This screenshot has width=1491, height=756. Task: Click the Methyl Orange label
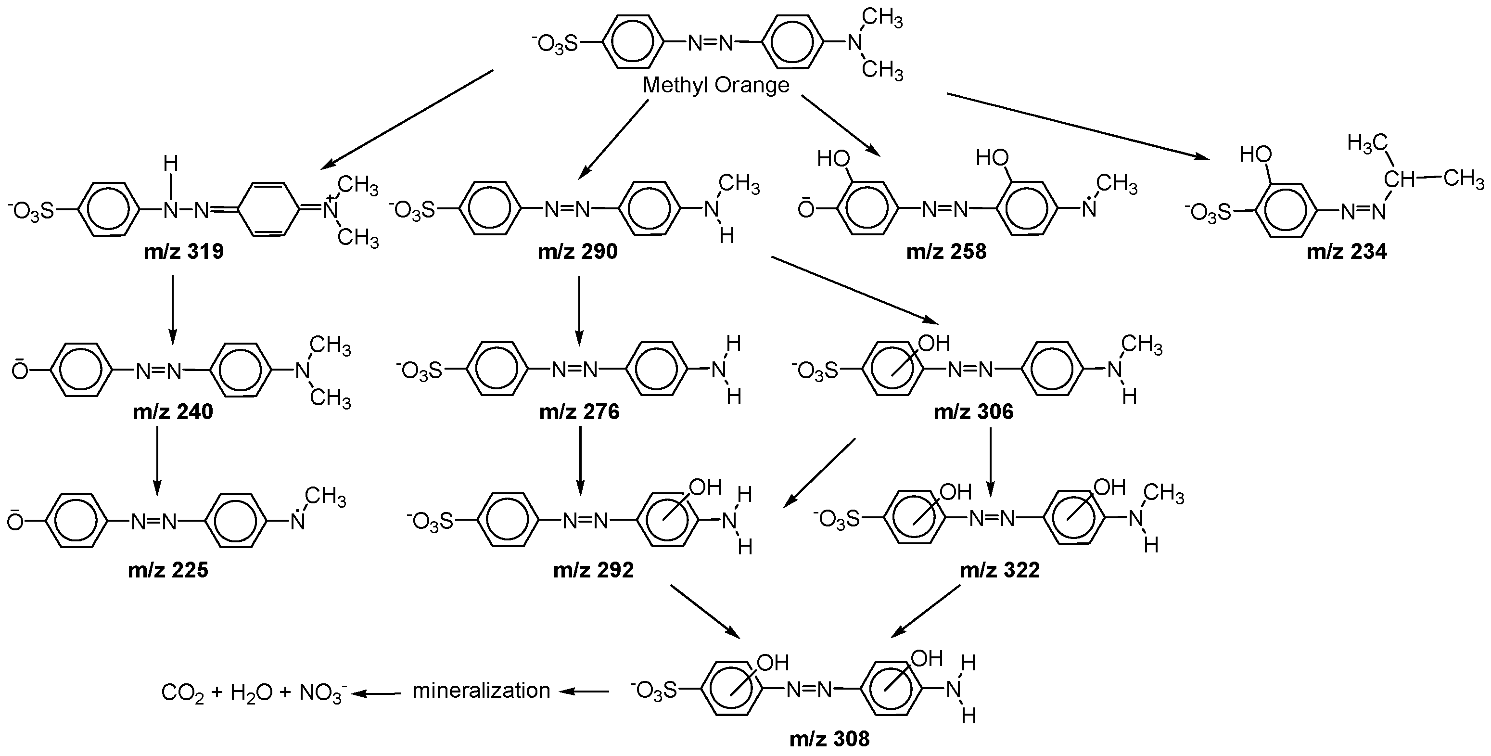[x=716, y=86]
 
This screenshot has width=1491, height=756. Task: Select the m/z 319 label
[x=184, y=252]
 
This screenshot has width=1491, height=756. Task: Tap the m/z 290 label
[x=578, y=252]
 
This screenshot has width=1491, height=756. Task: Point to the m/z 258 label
[x=946, y=252]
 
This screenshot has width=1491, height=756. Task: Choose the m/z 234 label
[x=1347, y=252]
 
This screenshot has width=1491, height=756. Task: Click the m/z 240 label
[x=173, y=411]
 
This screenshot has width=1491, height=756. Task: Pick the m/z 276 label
[x=579, y=411]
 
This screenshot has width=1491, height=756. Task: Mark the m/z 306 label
[x=973, y=411]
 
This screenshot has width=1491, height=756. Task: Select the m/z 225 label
[x=168, y=570]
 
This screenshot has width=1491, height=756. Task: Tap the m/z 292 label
[x=593, y=570]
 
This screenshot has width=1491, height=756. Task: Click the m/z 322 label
[x=1000, y=570]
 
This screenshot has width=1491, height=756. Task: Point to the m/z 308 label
[x=829, y=739]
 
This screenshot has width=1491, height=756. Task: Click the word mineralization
[x=481, y=691]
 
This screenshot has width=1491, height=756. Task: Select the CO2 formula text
[x=182, y=693]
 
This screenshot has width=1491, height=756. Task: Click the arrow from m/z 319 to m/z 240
[x=173, y=310]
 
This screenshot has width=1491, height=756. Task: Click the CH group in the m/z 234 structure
[x=1399, y=180]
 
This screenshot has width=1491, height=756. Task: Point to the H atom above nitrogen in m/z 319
[x=170, y=164]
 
